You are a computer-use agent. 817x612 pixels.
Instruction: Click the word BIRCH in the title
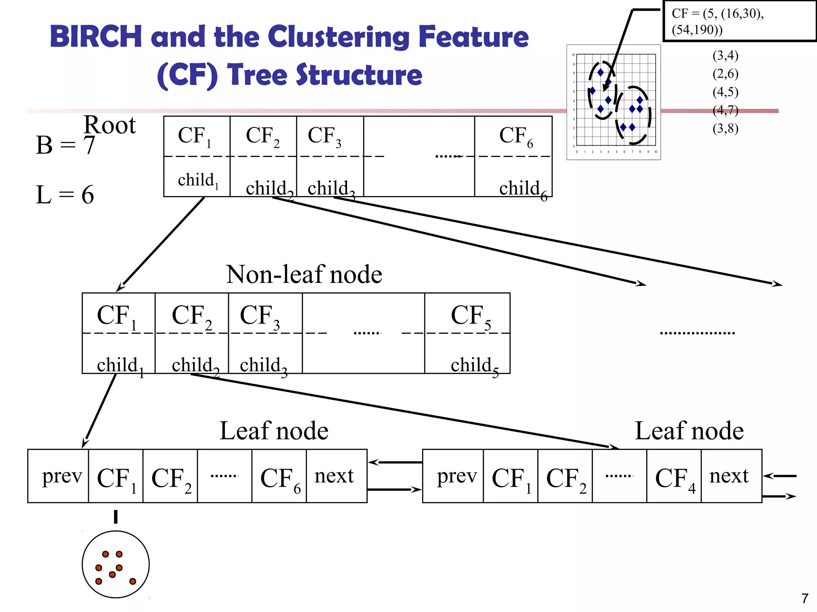pyautogui.click(x=96, y=37)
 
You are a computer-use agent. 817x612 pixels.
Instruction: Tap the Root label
pyautogui.click(x=110, y=125)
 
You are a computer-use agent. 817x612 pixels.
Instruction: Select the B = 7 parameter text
pyautogui.click(x=65, y=145)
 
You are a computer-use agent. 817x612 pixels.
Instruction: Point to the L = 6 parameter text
pyautogui.click(x=65, y=195)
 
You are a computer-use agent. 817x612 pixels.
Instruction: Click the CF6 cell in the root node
pyautogui.click(x=515, y=136)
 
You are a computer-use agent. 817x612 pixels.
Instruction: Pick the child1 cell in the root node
pyautogui.click(x=197, y=180)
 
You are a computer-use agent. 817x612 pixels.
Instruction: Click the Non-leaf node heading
pyautogui.click(x=304, y=275)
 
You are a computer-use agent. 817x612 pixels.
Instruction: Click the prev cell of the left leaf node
pyautogui.click(x=61, y=476)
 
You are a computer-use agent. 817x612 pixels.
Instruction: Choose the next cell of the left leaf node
pyautogui.click(x=334, y=476)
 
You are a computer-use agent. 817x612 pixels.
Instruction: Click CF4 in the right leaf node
pyautogui.click(x=675, y=478)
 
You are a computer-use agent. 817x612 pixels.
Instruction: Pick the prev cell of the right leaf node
pyautogui.click(x=456, y=476)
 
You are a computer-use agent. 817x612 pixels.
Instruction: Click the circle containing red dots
pyautogui.click(x=116, y=564)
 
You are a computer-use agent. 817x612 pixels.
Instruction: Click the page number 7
pyautogui.click(x=805, y=598)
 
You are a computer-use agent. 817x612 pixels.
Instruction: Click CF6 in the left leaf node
pyautogui.click(x=280, y=478)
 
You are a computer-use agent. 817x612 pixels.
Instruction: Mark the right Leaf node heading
pyautogui.click(x=689, y=431)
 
